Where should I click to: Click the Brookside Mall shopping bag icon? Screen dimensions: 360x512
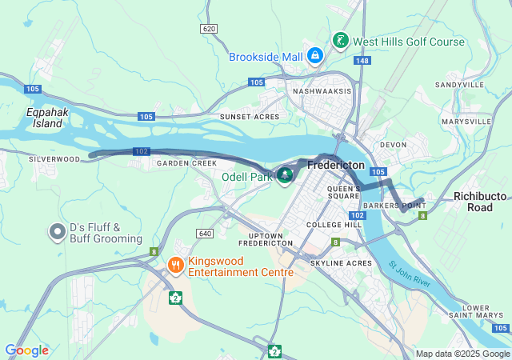315,56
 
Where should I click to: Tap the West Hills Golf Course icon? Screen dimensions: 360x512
340,40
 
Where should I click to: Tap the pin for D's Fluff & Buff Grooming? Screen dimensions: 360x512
57,232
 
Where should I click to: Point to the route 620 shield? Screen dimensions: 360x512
209,29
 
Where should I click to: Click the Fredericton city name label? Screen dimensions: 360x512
336,165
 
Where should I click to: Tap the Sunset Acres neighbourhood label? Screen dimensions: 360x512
250,117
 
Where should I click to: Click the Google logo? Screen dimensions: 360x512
26,350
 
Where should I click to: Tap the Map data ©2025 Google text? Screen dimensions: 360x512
463,354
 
